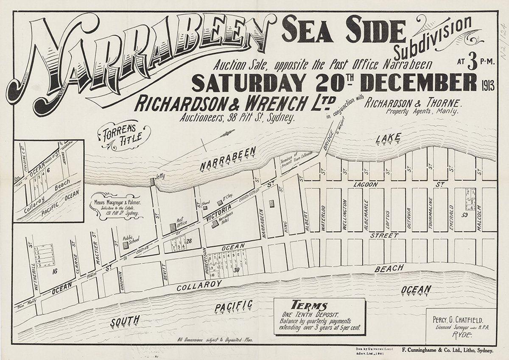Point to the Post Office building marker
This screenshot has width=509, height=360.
173,227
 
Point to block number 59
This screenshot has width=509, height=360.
465,216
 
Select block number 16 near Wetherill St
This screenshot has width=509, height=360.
54,271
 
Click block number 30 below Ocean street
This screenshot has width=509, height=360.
237,270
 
